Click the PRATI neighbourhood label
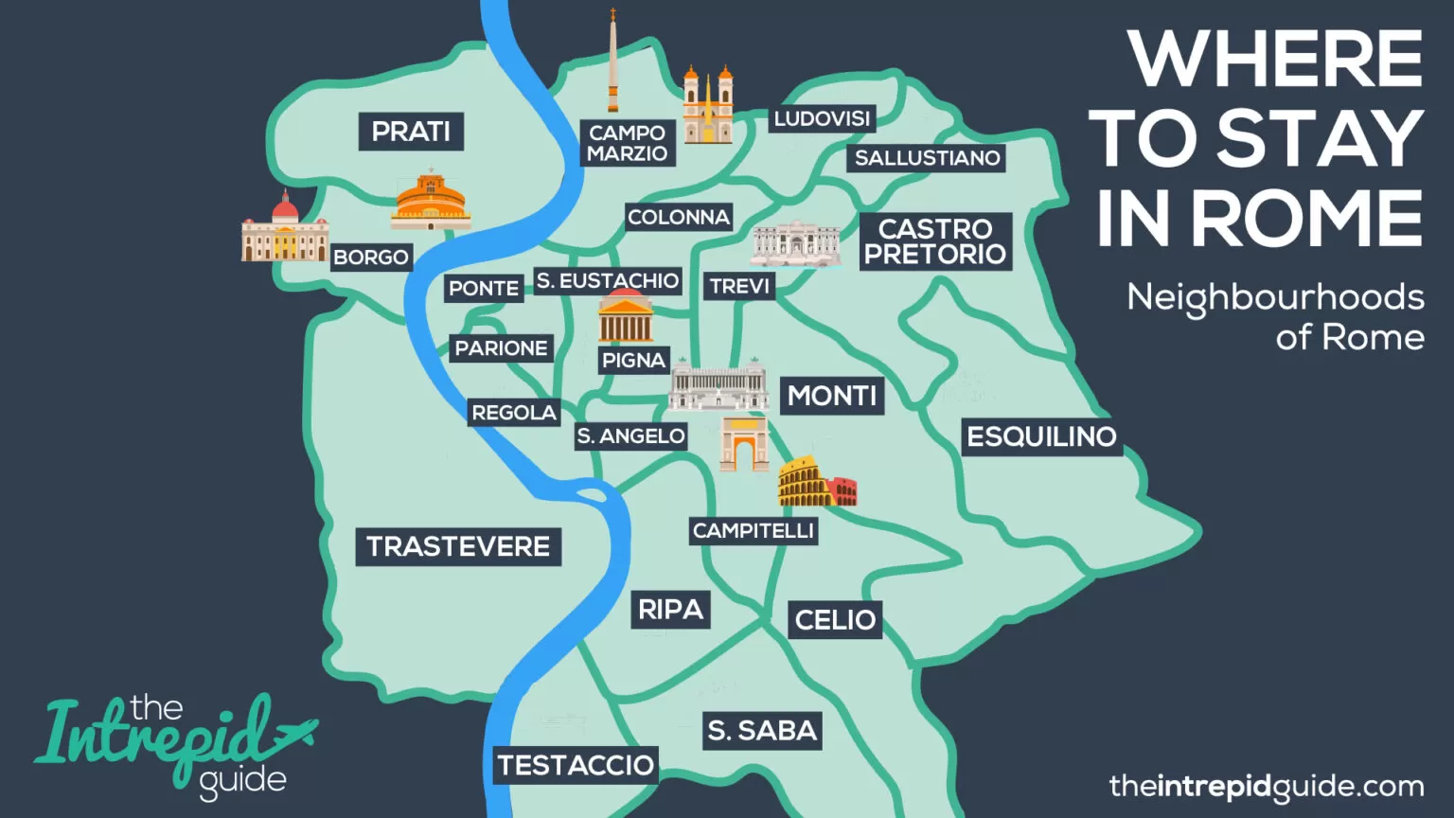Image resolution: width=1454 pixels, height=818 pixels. (x=411, y=132)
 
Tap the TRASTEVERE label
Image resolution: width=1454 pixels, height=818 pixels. (x=458, y=547)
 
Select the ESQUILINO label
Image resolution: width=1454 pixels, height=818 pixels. (x=1041, y=436)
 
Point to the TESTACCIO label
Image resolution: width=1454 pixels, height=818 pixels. (x=576, y=765)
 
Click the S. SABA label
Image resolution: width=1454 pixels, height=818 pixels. (x=762, y=730)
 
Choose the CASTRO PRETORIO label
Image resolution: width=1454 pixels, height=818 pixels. (x=934, y=241)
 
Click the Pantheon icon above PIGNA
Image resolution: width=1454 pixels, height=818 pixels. (x=626, y=318)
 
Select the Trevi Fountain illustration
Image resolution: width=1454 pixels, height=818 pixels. (x=796, y=245)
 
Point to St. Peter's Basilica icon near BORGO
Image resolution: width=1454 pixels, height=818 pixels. (x=284, y=230)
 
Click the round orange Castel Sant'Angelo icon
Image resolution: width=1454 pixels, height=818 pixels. (x=431, y=202)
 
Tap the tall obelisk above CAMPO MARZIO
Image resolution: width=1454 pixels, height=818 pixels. (x=612, y=62)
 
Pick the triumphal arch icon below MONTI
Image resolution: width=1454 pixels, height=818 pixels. (x=744, y=444)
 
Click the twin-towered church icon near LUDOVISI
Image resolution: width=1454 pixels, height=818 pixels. (x=708, y=106)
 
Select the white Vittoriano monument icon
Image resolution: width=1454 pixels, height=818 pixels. (x=718, y=388)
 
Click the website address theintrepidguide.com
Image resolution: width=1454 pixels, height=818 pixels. (x=1266, y=786)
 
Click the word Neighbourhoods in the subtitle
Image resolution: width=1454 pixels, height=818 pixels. (x=1274, y=298)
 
